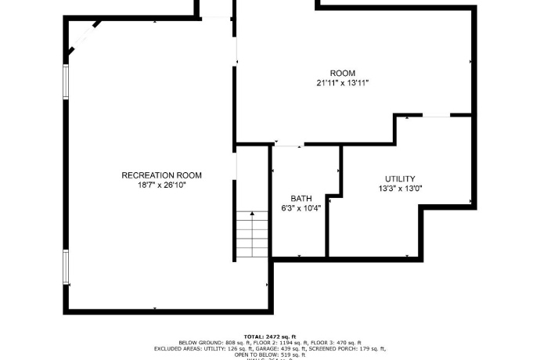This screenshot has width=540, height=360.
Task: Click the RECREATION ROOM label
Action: pos(161,175)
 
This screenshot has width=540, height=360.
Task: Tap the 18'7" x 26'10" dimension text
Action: pos(161,185)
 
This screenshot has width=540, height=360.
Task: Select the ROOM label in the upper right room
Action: pos(342,73)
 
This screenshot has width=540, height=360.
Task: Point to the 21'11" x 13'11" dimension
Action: pos(342,83)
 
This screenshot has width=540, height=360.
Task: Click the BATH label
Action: pos(301,198)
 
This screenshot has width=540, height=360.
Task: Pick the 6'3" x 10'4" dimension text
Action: pos(301,208)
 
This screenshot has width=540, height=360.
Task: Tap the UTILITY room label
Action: pos(400,178)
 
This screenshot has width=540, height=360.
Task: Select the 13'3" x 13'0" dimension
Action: pos(400,189)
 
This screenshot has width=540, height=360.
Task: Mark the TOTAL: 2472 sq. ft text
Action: pos(270,335)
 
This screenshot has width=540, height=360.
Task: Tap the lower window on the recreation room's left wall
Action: pos(66,268)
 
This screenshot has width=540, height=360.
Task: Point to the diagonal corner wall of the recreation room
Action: pos(82,38)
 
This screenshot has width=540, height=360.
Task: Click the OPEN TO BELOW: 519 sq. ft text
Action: pos(270,355)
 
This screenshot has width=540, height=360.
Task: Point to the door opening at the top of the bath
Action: pos(288,145)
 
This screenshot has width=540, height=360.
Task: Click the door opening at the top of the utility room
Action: pos(435,116)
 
